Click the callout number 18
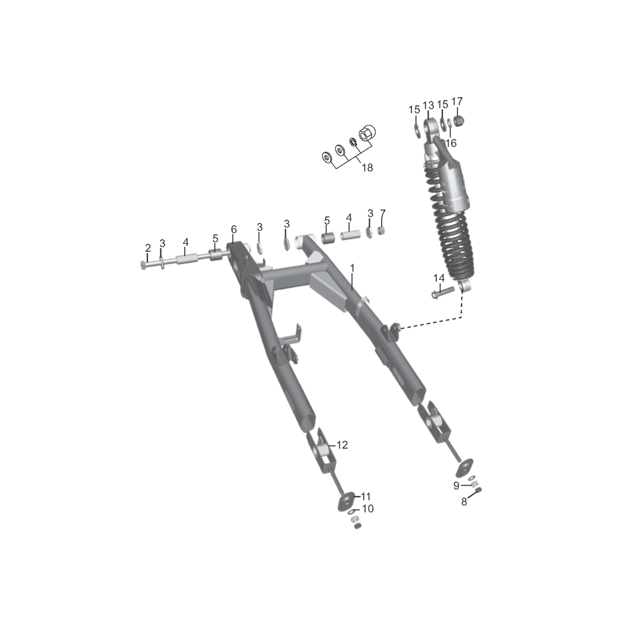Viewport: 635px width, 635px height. (367, 167)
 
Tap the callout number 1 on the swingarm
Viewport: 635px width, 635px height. (352, 268)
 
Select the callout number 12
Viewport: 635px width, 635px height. (342, 444)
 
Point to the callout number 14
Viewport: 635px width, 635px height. (439, 278)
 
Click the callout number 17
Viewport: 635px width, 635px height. (457, 101)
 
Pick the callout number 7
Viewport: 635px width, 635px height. (383, 213)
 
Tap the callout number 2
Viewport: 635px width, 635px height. (148, 248)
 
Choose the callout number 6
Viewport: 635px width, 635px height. (233, 229)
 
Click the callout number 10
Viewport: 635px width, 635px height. (367, 508)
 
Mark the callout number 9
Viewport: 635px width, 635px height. (456, 486)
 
